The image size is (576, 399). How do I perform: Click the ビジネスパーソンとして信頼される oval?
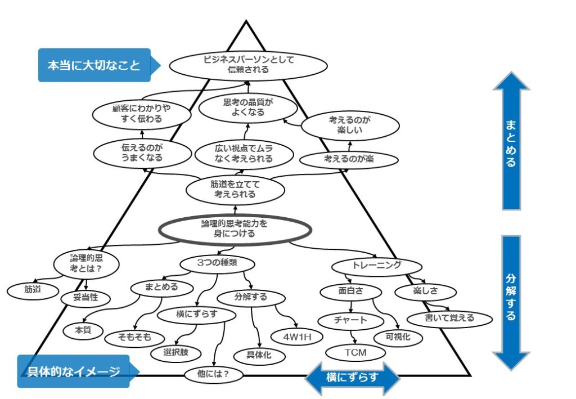pos(248,65)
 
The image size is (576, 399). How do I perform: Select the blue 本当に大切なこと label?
pos(93,65)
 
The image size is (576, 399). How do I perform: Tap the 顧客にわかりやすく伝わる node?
pos(133,113)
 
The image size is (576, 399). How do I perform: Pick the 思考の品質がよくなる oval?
pos(240,107)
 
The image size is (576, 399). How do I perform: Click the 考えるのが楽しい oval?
pos(346,126)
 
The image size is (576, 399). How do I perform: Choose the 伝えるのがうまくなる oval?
pos(142,153)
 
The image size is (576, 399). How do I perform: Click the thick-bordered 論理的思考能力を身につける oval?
pos(235,228)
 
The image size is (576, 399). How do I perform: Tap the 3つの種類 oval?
pos(217,263)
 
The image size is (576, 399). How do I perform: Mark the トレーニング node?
pos(376,265)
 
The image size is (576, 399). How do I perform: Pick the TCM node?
pos(355,352)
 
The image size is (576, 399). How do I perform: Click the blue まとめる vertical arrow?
pos(511,141)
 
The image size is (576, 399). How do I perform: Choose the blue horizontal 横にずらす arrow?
pos(352,378)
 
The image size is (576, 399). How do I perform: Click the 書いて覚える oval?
pos(450,318)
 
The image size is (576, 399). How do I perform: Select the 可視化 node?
pos(398,336)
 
